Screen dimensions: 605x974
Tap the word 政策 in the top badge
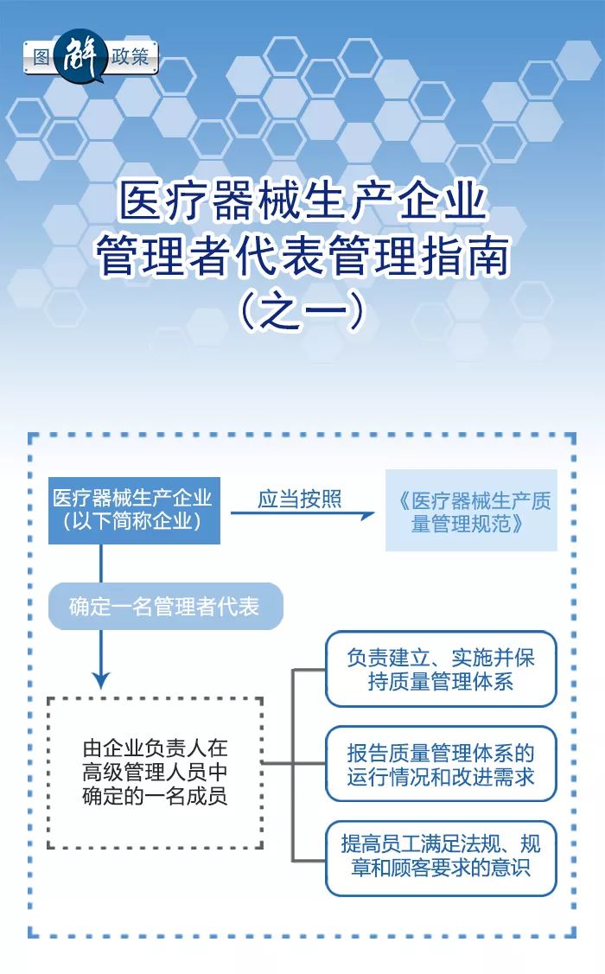coord(131,56)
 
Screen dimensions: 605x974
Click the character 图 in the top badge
coord(41,57)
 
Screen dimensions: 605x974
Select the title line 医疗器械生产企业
coord(302,200)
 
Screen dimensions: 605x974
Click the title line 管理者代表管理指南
coord(302,255)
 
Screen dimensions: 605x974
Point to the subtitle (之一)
coord(302,310)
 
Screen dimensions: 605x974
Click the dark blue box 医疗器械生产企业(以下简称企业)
coord(134,511)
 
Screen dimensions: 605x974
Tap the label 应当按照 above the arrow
coord(300,499)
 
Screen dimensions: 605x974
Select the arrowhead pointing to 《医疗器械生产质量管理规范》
coord(367,514)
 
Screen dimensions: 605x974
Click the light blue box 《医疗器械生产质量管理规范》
coord(471,511)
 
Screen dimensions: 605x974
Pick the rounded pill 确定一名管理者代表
coord(166,607)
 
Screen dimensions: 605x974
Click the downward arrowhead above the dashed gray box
coord(101,681)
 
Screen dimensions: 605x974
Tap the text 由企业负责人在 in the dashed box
coord(156,748)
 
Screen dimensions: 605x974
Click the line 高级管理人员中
coord(156,772)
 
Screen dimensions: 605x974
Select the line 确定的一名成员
coord(156,796)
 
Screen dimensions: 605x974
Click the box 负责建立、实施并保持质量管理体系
coord(441,669)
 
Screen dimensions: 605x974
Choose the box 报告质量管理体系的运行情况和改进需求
coord(441,764)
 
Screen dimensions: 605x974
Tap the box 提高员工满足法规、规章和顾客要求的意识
coord(441,858)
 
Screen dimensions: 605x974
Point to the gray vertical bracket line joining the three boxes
coord(293,766)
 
